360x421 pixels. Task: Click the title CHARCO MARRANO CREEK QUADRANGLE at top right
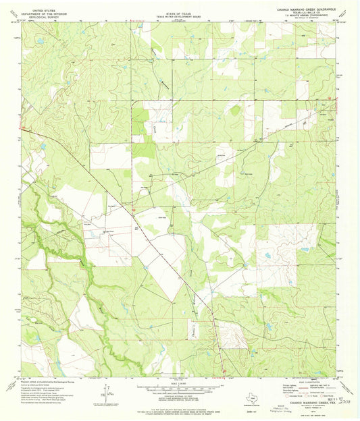pos(303,8)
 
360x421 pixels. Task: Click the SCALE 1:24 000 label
pos(179,383)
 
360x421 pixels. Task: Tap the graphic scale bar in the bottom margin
pos(179,389)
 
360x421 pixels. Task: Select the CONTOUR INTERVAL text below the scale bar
pos(179,396)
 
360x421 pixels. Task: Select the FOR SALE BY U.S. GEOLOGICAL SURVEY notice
pos(179,402)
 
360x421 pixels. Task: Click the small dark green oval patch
pos(235,110)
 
